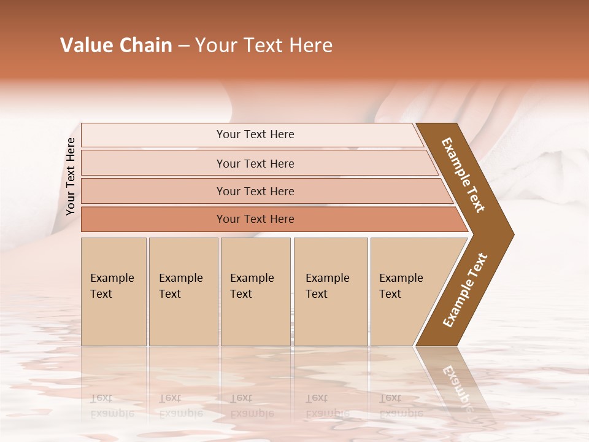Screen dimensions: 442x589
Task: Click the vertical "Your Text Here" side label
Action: coord(71,176)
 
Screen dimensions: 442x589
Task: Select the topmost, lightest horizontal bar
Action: coord(255,134)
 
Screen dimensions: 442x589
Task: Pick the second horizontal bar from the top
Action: coord(255,163)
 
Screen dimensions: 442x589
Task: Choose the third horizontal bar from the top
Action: coord(255,191)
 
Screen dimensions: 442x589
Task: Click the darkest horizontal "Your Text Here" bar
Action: coord(255,219)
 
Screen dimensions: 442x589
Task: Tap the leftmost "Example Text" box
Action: coord(114,292)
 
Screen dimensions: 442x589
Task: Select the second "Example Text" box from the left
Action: coord(183,292)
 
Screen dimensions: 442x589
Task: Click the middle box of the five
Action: coord(255,292)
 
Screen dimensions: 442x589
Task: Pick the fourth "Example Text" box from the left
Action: coord(331,292)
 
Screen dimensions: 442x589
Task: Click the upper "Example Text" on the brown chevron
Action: coord(463,175)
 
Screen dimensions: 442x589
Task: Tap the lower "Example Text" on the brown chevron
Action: coord(465,290)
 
